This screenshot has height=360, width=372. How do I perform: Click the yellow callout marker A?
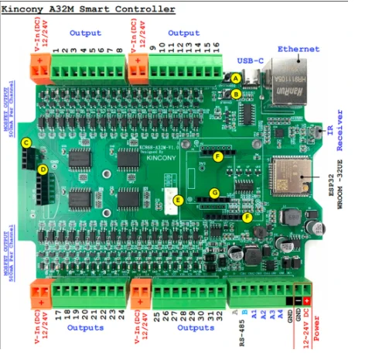click(235, 78)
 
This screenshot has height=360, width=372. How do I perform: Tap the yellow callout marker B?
click(235, 94)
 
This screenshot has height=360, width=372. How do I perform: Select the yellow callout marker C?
click(26, 142)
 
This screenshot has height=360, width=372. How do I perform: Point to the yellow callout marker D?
click(43, 169)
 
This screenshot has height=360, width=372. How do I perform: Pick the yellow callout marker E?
click(179, 201)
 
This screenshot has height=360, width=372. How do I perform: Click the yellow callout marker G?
click(216, 193)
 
